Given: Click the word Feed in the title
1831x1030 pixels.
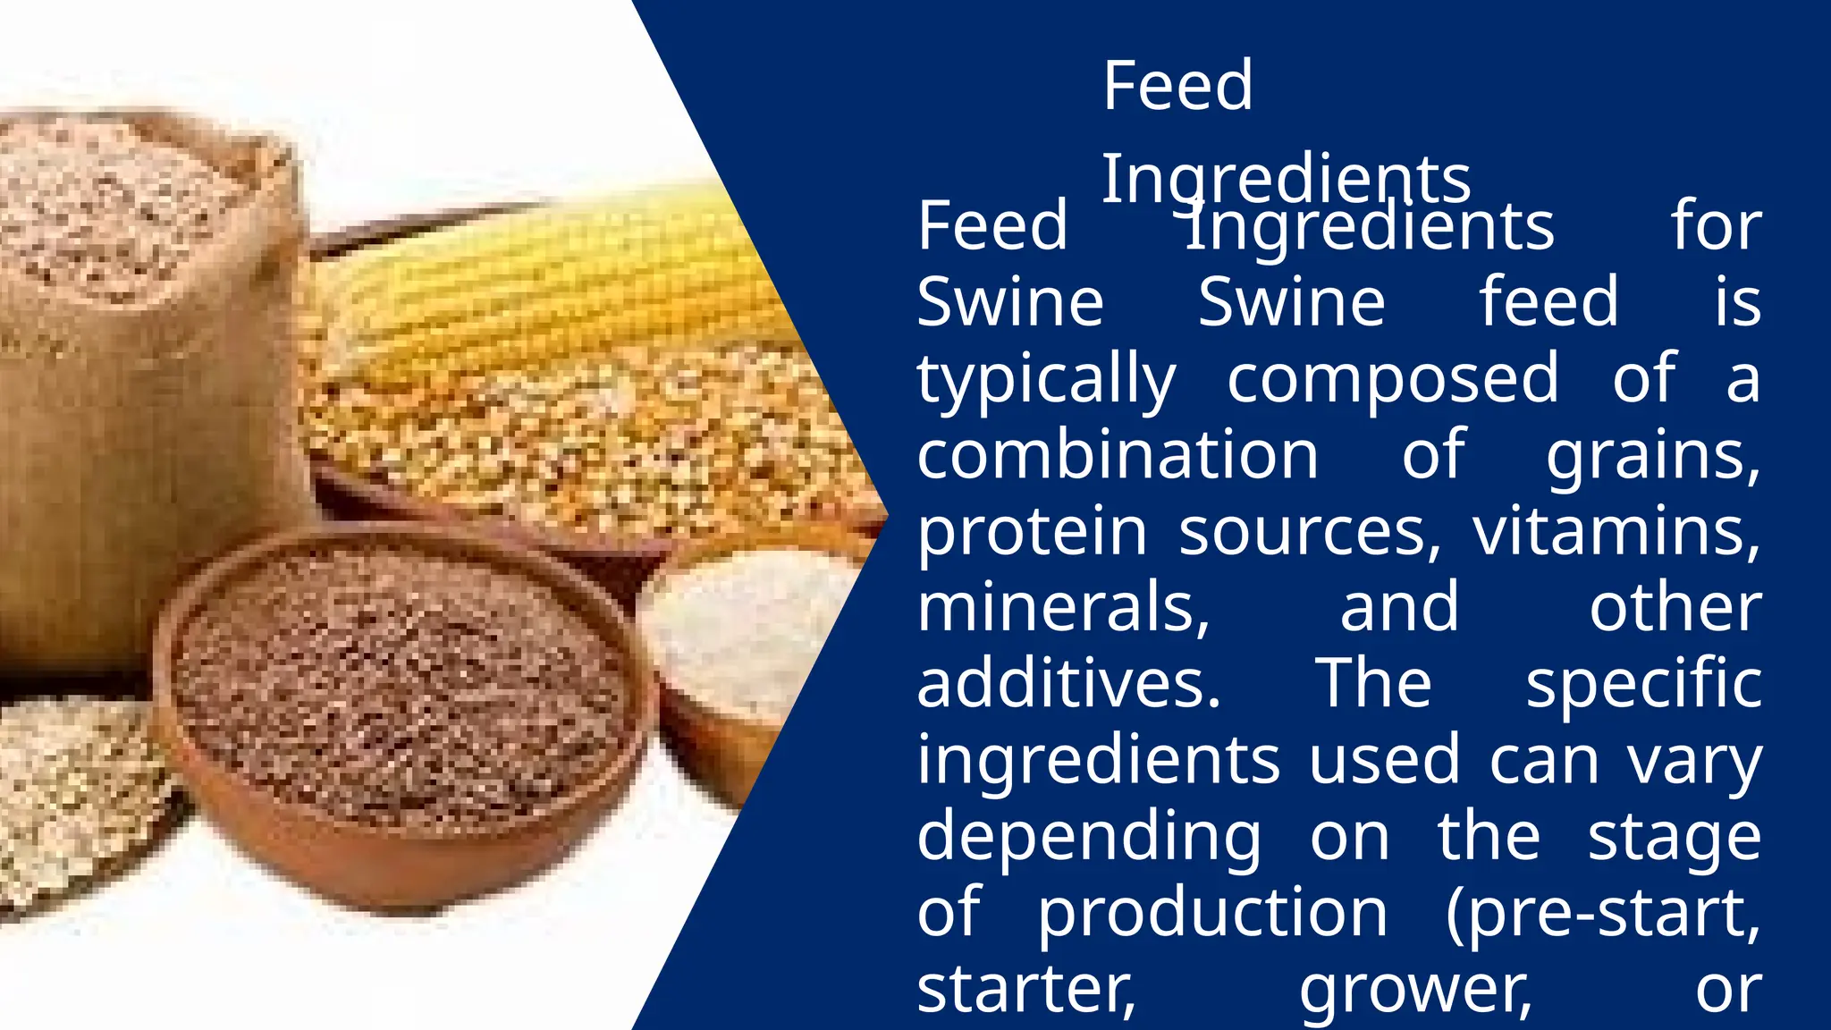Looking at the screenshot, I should click(x=1177, y=86).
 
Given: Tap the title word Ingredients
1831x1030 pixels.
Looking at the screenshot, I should click(x=1285, y=179).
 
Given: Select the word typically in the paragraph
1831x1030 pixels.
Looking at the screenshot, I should click(x=1046, y=380).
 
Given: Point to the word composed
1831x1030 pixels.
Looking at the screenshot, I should click(x=1393, y=378).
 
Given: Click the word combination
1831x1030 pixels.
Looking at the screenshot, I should click(x=1118, y=455).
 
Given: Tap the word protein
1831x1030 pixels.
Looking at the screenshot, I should click(x=1032, y=533).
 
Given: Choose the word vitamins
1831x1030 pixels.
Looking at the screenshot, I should click(x=1617, y=532).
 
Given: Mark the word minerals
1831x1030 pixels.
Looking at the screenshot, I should click(x=1064, y=608).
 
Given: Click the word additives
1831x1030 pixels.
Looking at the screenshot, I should click(x=1068, y=684).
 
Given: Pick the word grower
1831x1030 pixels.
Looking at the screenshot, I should click(x=1415, y=992).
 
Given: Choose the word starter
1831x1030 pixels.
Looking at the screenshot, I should click(x=1026, y=990).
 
